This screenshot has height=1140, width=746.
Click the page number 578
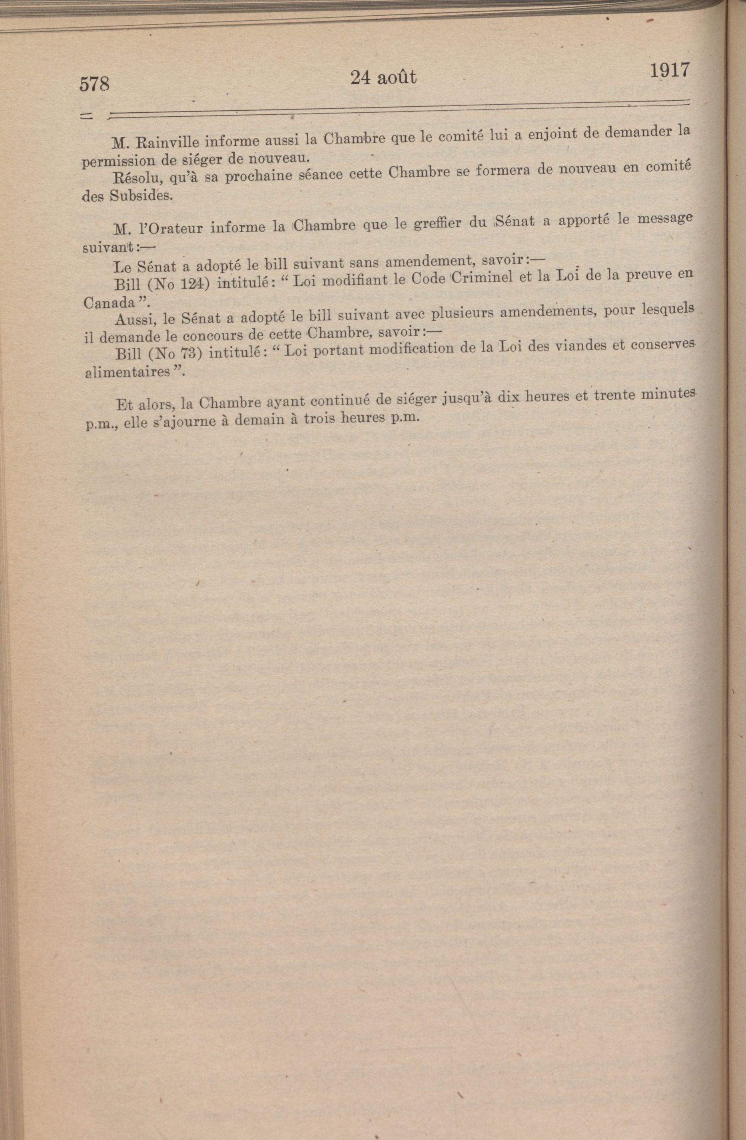click(94, 84)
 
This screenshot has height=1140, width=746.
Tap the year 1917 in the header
click(669, 70)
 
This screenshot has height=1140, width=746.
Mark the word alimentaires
click(128, 373)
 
